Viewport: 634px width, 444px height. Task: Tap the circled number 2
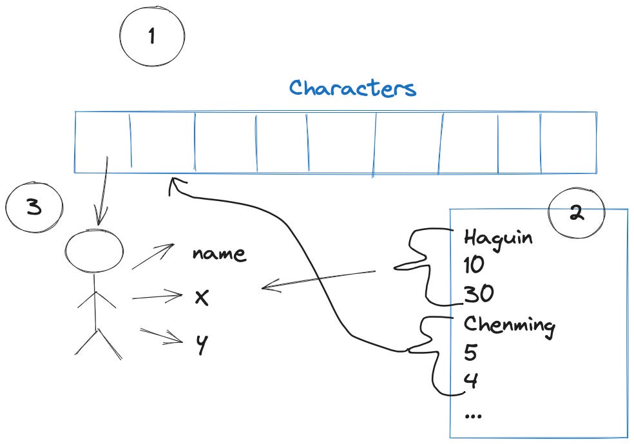click(576, 215)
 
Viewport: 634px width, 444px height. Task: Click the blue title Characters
click(352, 88)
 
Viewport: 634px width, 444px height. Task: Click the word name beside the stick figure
click(219, 253)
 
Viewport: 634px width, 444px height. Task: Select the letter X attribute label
click(202, 298)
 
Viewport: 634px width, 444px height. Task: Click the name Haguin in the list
click(498, 238)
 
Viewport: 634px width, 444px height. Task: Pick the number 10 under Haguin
click(474, 265)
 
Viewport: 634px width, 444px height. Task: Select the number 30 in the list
click(477, 294)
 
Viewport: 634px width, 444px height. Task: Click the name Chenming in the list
click(509, 324)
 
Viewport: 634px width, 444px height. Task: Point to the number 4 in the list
click(470, 381)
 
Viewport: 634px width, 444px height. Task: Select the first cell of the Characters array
click(102, 142)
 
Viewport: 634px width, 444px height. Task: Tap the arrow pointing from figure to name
click(153, 256)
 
